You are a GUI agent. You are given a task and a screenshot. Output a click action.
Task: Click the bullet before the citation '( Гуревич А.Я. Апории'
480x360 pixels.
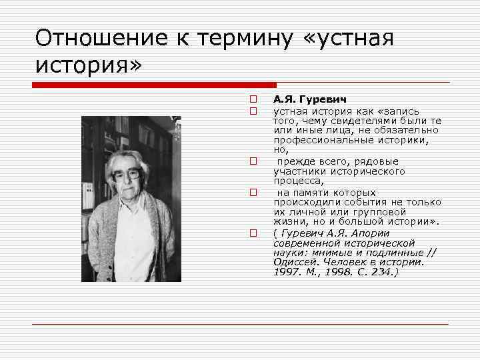[x=254, y=233]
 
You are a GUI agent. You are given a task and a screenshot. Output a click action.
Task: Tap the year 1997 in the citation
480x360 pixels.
[x=285, y=273]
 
